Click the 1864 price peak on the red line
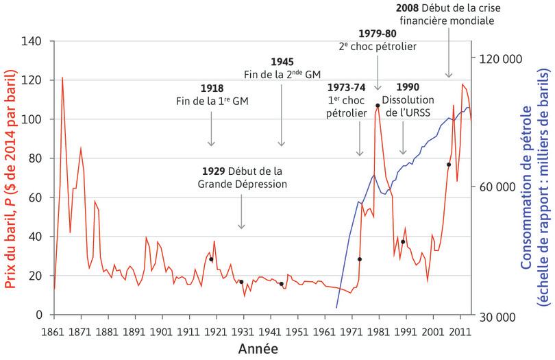pyautogui.click(x=62, y=77)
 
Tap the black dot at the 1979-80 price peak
pyautogui.click(x=378, y=106)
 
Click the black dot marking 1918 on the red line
pyautogui.click(x=211, y=259)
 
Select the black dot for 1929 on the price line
pyautogui.click(x=241, y=282)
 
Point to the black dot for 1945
pyautogui.click(x=282, y=284)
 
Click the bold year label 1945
pyautogui.click(x=282, y=62)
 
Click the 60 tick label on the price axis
pyautogui.click(x=38, y=197)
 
